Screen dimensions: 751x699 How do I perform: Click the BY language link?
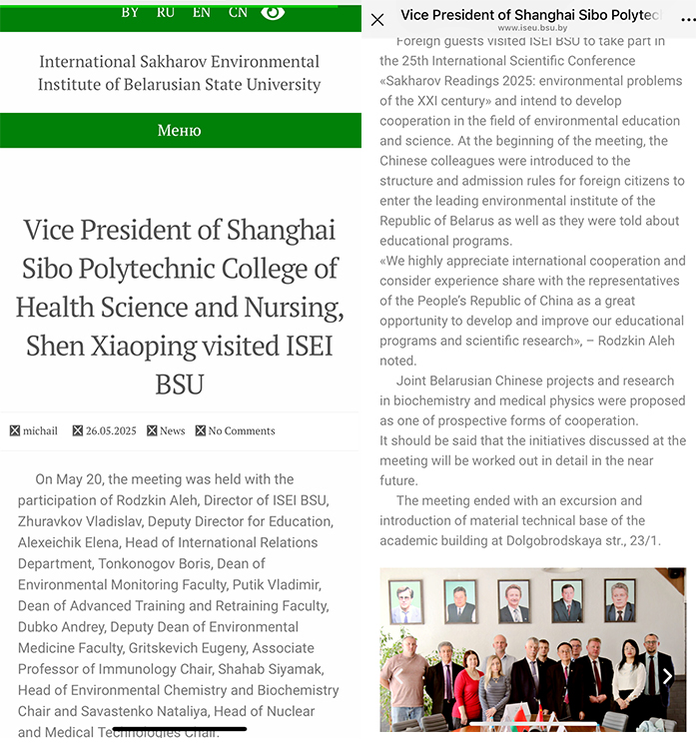pyautogui.click(x=130, y=12)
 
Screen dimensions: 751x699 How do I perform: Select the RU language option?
pyautogui.click(x=166, y=12)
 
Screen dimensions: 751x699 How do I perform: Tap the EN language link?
pyautogui.click(x=202, y=12)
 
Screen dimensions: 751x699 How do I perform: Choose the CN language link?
pyautogui.click(x=238, y=12)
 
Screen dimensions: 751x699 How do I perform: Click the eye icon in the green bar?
pyautogui.click(x=273, y=12)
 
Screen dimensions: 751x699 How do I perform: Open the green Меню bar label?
pyautogui.click(x=180, y=131)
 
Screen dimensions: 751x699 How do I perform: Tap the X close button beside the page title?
pyautogui.click(x=377, y=19)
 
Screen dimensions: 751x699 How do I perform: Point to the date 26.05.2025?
pyautogui.click(x=110, y=430)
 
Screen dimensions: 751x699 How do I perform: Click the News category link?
pyautogui.click(x=172, y=430)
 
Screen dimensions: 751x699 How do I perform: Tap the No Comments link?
pyautogui.click(x=241, y=430)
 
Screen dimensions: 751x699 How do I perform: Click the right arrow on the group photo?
pyautogui.click(x=668, y=676)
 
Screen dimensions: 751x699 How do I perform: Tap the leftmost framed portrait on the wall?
pyautogui.click(x=405, y=601)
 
